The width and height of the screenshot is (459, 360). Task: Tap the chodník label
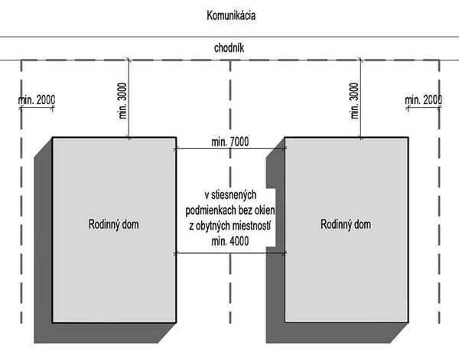pos(229,48)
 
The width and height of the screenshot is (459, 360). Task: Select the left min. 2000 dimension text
pos(36,100)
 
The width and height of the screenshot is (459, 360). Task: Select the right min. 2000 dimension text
pos(423,100)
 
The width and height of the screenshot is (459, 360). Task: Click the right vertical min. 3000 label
pos(353,99)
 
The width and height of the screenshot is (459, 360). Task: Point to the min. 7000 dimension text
pos(229,142)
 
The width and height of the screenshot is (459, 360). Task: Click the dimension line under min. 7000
pos(229,149)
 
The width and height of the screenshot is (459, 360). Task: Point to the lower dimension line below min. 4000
pos(229,253)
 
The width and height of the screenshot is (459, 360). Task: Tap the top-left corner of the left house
pos(53,138)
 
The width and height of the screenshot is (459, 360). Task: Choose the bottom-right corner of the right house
pos(407,321)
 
